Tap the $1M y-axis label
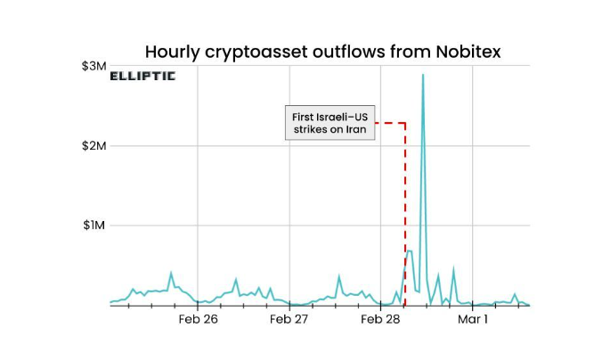[94, 225]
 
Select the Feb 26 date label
[198, 319]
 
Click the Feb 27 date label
[289, 319]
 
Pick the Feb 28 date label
[381, 319]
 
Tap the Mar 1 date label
[473, 319]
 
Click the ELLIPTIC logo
[142, 77]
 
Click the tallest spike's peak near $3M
[422, 75]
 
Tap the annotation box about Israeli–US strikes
[330, 122]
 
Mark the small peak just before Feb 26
[171, 274]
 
